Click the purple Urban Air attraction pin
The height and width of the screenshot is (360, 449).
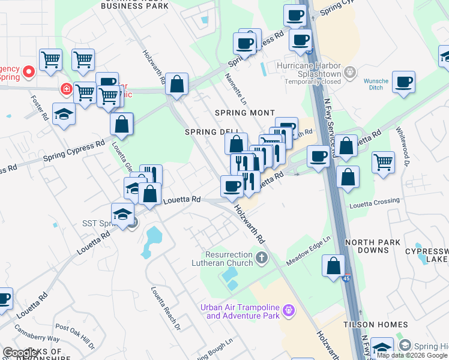tap(289, 310)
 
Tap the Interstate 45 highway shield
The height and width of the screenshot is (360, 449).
tap(348, 278)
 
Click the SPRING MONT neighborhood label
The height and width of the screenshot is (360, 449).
tap(245, 113)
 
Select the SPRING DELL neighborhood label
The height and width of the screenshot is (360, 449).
tap(209, 132)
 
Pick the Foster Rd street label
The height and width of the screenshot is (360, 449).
tap(41, 108)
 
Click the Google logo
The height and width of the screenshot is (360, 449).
tap(20, 353)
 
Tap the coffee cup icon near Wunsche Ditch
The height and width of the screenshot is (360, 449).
tap(403, 82)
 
